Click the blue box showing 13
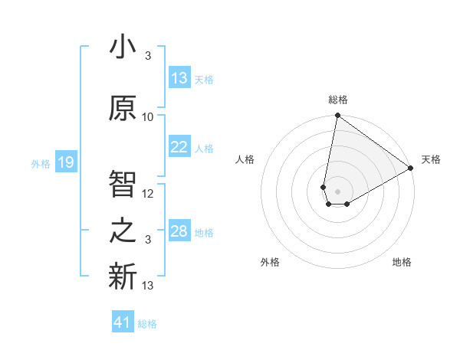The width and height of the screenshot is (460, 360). (179, 78)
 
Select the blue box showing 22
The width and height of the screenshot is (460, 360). (179, 147)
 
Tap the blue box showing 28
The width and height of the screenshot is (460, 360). (179, 231)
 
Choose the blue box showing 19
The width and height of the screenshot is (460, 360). (65, 162)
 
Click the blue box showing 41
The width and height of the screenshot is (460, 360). (123, 322)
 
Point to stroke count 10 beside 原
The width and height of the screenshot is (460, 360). (148, 117)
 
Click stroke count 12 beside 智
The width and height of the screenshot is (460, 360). (148, 194)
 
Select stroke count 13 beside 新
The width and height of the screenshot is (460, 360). (148, 286)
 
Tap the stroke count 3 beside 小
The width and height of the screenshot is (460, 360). (147, 57)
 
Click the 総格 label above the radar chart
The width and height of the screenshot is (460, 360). (337, 100)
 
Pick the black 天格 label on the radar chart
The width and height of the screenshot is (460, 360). (431, 159)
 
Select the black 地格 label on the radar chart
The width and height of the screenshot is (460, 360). (402, 262)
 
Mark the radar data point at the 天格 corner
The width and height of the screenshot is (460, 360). (411, 168)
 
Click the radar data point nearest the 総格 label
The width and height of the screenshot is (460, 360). (337, 116)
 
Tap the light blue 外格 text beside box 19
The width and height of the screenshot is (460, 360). (41, 163)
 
